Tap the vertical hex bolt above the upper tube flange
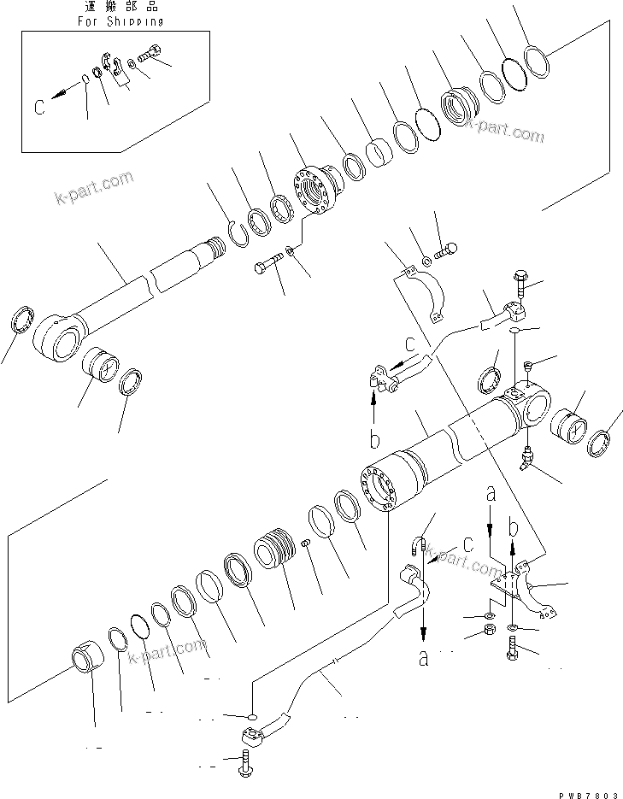tap(521, 282)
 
